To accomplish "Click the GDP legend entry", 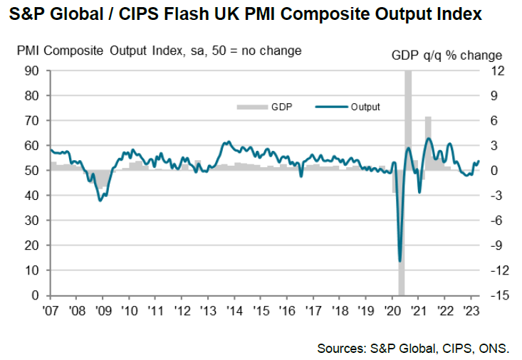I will coord(271,107).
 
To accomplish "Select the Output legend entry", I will coord(356,107).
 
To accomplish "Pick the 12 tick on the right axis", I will coord(497,70).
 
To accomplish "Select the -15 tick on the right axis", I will coord(497,295).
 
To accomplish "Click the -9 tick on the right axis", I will coord(497,245).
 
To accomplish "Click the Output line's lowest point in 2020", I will coord(400,261).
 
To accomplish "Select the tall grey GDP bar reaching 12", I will coord(408,114).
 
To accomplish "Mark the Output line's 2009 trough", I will coord(100,201).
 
